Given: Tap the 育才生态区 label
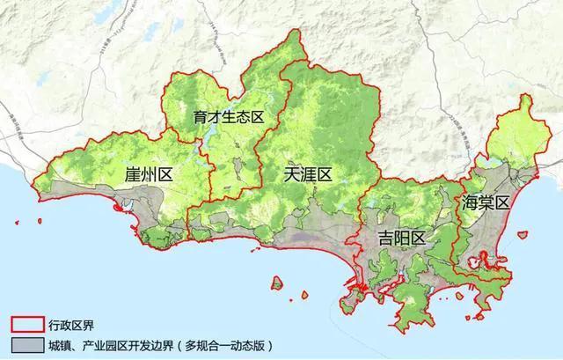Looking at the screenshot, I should (224, 116).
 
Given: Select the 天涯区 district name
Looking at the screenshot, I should (307, 174).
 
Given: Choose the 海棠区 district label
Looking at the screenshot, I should (485, 203).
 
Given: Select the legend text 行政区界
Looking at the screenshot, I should (65, 323).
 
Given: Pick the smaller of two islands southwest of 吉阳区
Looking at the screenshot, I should (277, 283).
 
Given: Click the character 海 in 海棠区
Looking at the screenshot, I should (467, 203).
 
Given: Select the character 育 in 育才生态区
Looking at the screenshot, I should (199, 116).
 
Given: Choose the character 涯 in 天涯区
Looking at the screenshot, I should (307, 174).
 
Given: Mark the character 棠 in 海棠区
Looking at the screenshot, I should (485, 203).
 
